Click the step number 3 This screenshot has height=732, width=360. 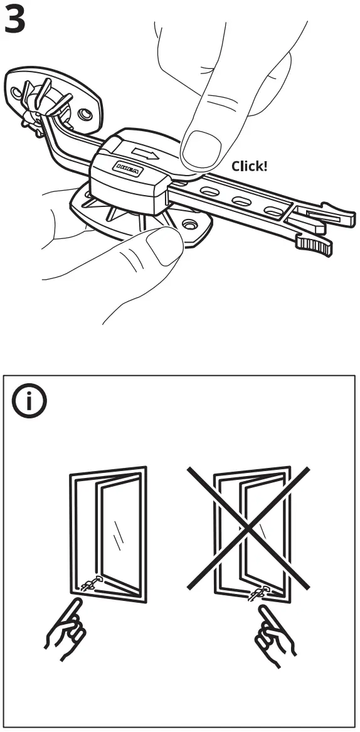(x=15, y=20)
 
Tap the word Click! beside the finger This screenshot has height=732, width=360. (x=249, y=166)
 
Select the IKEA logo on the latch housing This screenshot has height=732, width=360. (x=127, y=167)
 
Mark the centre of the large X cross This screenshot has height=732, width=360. (x=249, y=528)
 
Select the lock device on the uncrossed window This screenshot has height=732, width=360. (x=91, y=584)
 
